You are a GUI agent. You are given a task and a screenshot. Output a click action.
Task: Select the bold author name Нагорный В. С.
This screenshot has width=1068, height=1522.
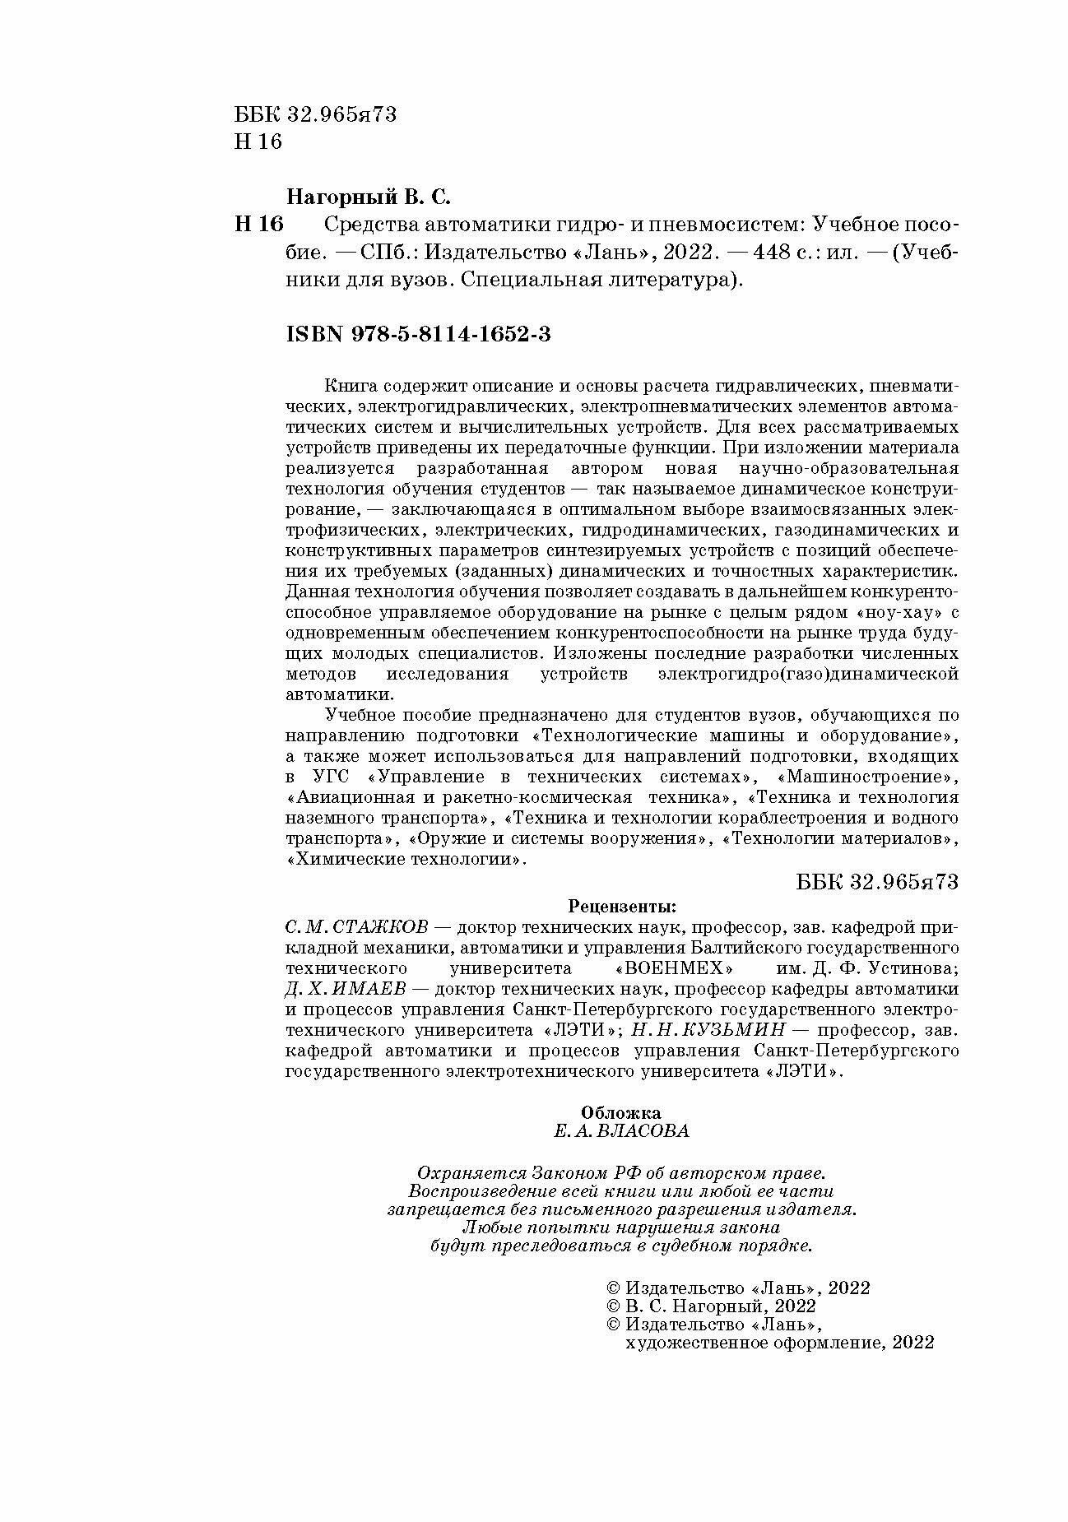[369, 198]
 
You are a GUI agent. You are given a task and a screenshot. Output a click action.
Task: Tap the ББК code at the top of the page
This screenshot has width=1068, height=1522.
[315, 114]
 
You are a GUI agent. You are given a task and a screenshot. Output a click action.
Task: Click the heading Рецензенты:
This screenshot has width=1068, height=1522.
[622, 907]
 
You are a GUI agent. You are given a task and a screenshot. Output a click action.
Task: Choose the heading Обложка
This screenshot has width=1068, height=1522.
[621, 1113]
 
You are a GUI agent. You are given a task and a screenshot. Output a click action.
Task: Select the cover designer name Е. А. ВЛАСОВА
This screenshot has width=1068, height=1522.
[621, 1131]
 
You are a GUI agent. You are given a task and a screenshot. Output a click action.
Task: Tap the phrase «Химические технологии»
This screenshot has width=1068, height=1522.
[405, 860]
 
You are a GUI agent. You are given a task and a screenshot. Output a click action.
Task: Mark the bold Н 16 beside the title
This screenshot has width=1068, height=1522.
[258, 224]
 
